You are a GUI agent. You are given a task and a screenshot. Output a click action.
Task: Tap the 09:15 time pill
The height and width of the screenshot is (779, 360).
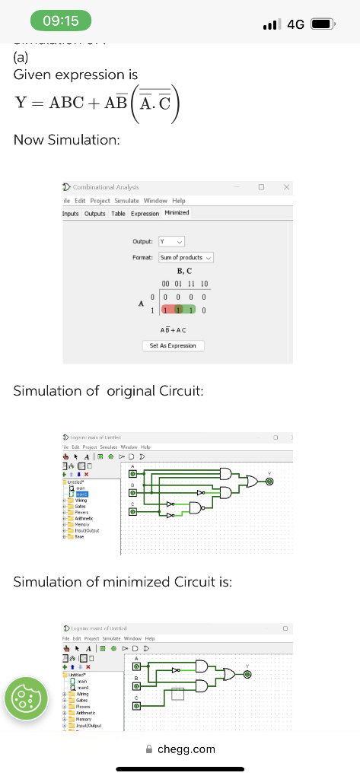pyautogui.click(x=60, y=21)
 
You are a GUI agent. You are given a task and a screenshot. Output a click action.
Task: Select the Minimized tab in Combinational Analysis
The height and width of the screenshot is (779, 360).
pyautogui.click(x=177, y=213)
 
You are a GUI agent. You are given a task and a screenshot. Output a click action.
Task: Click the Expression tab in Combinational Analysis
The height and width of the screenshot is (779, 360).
pyautogui.click(x=145, y=213)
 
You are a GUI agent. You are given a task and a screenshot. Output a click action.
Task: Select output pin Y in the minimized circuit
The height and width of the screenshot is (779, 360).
pyautogui.click(x=248, y=673)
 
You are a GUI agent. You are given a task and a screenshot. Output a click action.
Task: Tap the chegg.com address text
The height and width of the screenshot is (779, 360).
pyautogui.click(x=186, y=749)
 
